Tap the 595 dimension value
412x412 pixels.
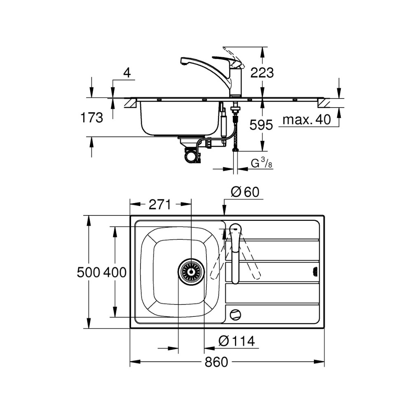click(261, 125)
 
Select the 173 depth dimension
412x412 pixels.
click(91, 117)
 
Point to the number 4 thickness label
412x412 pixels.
click(127, 73)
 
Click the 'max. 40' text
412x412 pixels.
click(307, 120)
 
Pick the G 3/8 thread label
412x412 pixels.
click(261, 164)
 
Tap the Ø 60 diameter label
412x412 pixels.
click(245, 192)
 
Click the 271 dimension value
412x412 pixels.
click(160, 204)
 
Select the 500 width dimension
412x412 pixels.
click(89, 272)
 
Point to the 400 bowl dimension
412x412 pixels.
click(115, 272)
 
